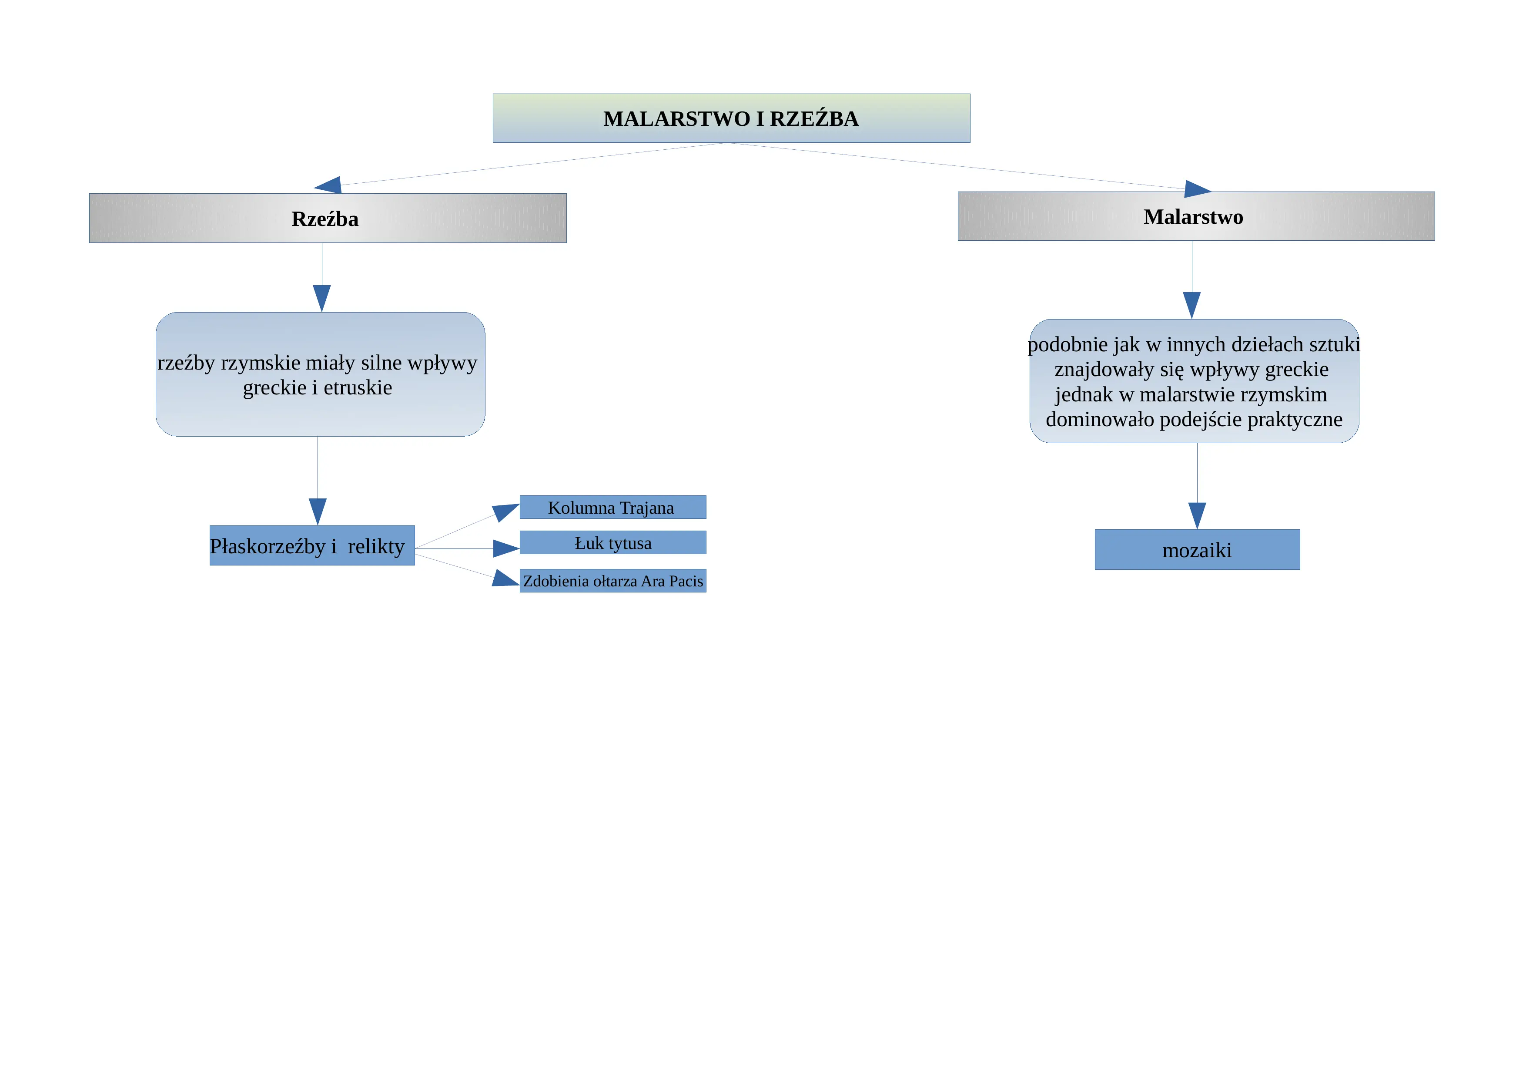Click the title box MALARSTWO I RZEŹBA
731,118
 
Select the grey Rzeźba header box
328,218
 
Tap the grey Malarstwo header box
1196,216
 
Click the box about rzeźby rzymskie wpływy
320,374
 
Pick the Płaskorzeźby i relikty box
312,545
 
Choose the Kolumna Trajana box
613,508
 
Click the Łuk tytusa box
613,543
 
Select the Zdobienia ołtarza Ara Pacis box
613,581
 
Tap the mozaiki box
1197,550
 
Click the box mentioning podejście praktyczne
1195,381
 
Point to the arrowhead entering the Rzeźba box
328,185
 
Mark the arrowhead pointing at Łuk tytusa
506,548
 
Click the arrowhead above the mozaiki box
1197,516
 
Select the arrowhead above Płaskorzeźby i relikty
318,512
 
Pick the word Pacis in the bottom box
686,581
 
